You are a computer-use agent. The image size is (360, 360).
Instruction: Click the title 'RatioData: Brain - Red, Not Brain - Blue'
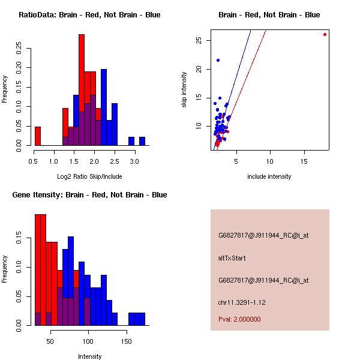[89, 15]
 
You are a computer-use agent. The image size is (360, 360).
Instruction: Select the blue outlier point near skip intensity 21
[218, 60]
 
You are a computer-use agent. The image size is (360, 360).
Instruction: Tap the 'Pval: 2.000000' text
[239, 319]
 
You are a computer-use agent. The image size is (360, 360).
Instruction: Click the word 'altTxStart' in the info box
[232, 258]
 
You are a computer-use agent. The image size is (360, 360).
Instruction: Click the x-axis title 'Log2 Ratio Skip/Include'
[89, 177]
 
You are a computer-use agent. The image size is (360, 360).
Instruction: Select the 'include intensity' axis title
[269, 177]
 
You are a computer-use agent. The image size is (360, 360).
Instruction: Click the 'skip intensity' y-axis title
[184, 90]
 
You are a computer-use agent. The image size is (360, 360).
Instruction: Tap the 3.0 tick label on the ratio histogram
[134, 162]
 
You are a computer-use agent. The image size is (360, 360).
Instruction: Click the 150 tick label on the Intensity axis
[126, 341]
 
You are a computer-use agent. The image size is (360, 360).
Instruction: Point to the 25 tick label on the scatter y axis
[198, 40]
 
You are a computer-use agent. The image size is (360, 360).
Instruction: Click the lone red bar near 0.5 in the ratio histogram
[38, 136]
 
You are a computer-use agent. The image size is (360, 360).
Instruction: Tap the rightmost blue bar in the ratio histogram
[142, 142]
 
